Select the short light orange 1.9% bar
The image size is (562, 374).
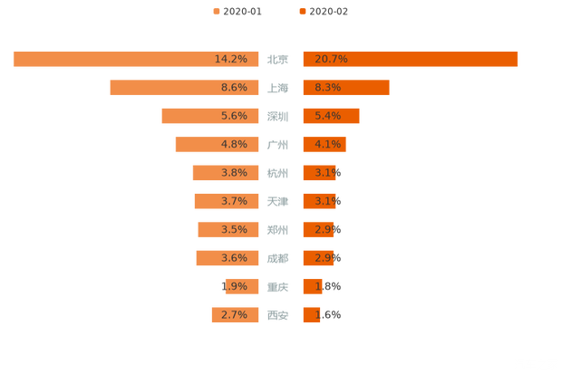coord(243,286)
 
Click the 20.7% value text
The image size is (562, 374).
coord(331,59)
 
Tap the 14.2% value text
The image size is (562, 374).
coord(231,59)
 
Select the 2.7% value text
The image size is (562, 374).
coord(234,315)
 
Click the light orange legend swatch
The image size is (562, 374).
coord(215,12)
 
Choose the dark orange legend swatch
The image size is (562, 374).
coord(301,12)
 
